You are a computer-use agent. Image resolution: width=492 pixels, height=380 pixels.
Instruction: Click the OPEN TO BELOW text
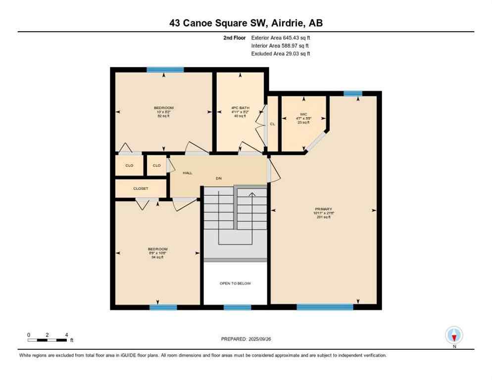[235, 284]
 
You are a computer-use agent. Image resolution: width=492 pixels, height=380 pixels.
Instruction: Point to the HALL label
[188, 173]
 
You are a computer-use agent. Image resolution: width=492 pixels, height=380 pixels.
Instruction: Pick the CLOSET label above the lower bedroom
[141, 189]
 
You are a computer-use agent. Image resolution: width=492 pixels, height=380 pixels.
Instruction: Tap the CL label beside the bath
[272, 124]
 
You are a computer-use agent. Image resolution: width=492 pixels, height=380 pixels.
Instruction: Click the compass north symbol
[454, 335]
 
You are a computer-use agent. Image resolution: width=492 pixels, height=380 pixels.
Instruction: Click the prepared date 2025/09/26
[246, 339]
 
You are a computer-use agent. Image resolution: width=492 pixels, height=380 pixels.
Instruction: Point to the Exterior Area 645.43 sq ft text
[281, 38]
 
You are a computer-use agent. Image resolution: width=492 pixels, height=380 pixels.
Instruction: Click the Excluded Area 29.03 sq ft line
[281, 53]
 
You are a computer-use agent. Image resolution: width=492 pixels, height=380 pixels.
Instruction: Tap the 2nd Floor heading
[234, 38]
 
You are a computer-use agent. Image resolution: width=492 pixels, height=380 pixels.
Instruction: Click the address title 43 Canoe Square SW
[246, 23]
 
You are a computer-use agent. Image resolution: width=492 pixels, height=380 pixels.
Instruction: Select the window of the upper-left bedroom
[165, 70]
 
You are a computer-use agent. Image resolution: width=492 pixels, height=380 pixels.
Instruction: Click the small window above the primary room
[353, 93]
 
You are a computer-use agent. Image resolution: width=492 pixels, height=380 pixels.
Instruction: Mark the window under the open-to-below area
[237, 307]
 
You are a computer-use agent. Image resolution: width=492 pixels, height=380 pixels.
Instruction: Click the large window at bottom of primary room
[325, 307]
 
